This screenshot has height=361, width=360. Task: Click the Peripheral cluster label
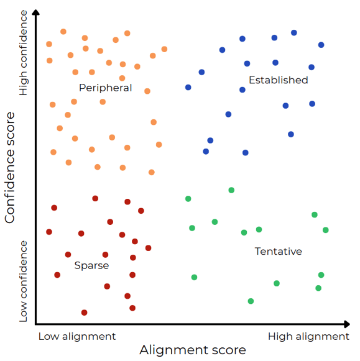(105, 88)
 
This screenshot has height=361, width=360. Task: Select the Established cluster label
(278, 80)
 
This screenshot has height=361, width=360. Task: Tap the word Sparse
(91, 265)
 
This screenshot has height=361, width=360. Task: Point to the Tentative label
(278, 251)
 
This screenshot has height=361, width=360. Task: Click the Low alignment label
(77, 336)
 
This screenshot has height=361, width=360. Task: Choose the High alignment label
(308, 336)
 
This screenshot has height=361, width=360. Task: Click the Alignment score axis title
(193, 350)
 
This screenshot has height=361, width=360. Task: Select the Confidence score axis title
(10, 167)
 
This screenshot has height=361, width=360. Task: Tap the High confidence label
(23, 53)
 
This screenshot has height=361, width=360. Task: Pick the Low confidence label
(23, 281)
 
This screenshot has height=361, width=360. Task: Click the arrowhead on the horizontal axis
(347, 324)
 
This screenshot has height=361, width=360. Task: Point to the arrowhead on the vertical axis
(35, 12)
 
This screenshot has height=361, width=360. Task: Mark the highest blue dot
(294, 33)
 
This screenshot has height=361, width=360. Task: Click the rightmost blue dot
(321, 45)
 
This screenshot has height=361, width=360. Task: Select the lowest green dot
(251, 301)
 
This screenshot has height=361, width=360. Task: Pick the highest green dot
(231, 190)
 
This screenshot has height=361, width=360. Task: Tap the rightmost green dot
(326, 230)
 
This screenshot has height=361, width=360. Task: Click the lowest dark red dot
(85, 313)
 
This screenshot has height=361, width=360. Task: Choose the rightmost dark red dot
(149, 248)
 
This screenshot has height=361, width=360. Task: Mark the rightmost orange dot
(164, 49)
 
